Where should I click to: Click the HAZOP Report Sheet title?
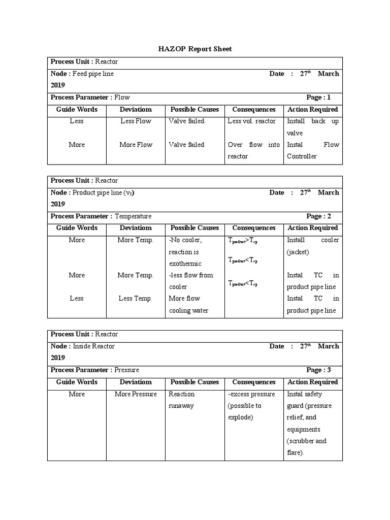coord(196,49)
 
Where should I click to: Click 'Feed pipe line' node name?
coord(93,74)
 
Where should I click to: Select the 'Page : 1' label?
coord(318,97)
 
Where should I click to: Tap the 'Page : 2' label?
coord(318,216)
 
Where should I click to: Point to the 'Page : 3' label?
coord(318,370)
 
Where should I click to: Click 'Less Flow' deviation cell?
coord(136,121)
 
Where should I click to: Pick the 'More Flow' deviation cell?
coord(136,145)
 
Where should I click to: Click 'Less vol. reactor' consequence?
coord(252,121)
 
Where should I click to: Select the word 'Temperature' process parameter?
coord(133,216)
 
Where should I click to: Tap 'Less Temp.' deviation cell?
coord(136,299)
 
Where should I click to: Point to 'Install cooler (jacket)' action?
coord(312,246)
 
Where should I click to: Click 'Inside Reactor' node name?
coord(93,346)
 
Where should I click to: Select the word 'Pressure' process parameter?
coord(126,370)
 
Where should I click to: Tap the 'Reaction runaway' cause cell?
coord(181,400)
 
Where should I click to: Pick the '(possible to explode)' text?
coord(245,412)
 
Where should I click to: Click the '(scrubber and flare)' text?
coord(306,447)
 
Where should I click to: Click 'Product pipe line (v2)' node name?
coord(104,192)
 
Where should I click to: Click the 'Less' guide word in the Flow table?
coord(77,121)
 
